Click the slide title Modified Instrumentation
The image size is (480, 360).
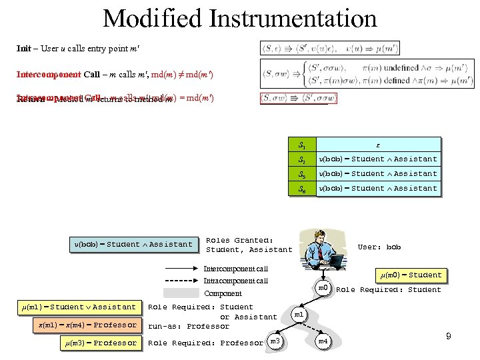coord(240,18)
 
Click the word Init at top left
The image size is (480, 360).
coord(23,49)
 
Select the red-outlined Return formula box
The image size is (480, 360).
coord(299,99)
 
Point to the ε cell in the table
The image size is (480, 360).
coord(377,144)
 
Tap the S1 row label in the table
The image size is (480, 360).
coord(301,144)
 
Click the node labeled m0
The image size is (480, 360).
coord(323,287)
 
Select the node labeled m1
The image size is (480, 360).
coord(299,314)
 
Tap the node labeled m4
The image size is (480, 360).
coord(323,342)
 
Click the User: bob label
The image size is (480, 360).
coord(379,247)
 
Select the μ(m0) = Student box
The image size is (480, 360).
coord(411,275)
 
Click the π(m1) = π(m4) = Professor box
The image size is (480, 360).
coord(87,325)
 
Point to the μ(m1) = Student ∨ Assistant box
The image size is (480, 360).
coord(79,307)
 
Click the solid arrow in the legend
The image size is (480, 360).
coord(180,269)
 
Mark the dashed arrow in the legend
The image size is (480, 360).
coord(180,281)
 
